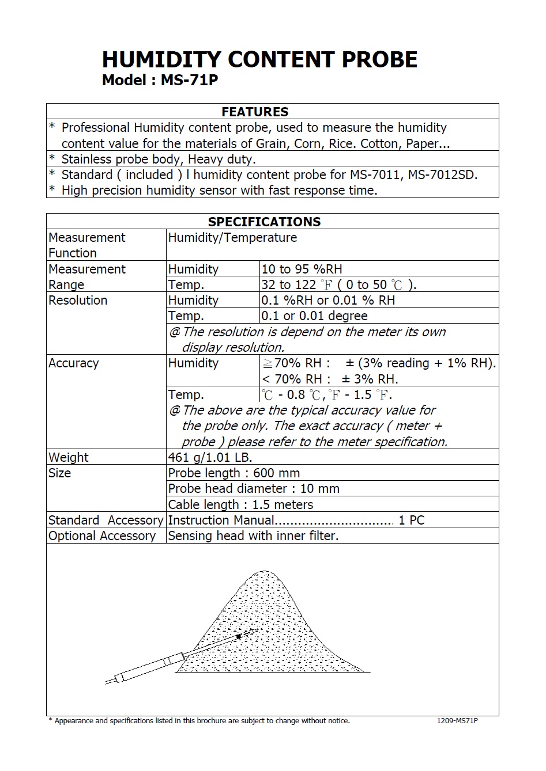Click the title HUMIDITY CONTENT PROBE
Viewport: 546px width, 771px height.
point(259,60)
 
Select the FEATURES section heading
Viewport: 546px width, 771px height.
point(255,112)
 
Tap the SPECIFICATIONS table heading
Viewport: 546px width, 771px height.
point(264,222)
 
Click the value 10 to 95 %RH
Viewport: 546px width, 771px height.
point(302,269)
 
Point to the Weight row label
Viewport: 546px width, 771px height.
point(69,457)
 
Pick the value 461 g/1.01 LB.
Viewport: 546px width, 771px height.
point(210,457)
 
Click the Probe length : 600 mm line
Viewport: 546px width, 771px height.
point(234,473)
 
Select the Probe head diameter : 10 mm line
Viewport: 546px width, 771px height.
point(254,488)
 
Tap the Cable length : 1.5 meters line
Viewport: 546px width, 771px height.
point(240,504)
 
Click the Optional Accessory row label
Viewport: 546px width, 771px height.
point(102,535)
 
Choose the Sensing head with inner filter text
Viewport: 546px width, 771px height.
point(253,535)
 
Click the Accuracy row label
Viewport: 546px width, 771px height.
point(73,363)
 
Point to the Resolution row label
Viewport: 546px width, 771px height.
point(78,300)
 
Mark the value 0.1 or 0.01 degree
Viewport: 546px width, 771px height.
point(314,316)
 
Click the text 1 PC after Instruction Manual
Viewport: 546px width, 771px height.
point(412,520)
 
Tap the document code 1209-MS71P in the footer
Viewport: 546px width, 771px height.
point(457,721)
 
